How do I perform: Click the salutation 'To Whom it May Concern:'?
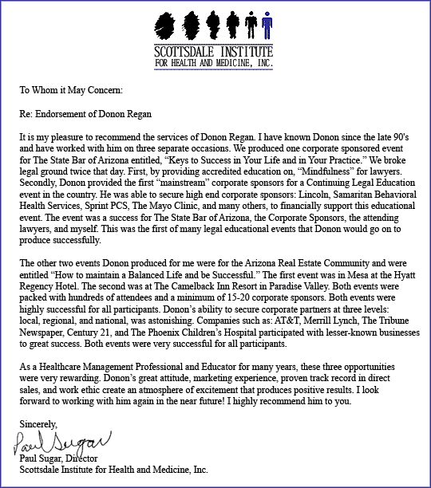(x=70, y=91)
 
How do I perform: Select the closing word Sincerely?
(x=38, y=423)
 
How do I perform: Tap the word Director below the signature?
(x=89, y=458)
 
